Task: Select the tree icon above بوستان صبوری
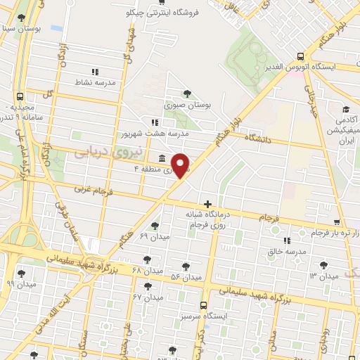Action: [x=186, y=93]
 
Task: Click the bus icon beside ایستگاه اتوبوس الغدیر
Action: [x=301, y=56]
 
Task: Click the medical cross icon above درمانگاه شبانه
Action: [x=207, y=204]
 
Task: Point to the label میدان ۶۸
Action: [x=146, y=270]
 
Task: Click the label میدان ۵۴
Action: [x=186, y=278]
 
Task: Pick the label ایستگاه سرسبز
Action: [x=202, y=317]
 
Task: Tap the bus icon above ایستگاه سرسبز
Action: [x=203, y=305]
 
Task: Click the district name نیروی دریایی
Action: [x=109, y=152]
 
